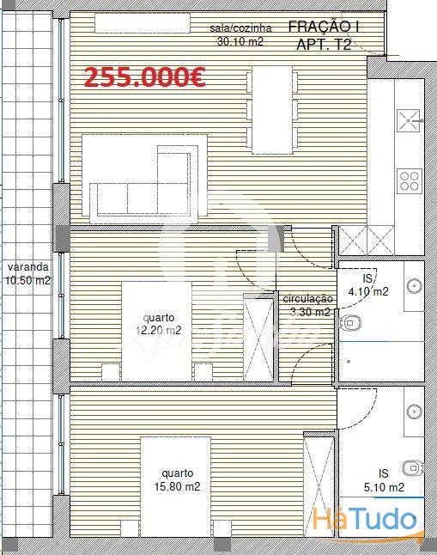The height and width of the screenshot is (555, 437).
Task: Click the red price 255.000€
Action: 145,77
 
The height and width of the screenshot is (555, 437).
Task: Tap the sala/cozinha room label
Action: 240,34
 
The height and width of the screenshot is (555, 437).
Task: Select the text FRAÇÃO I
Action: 324,27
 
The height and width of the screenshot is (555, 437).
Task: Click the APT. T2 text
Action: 324,45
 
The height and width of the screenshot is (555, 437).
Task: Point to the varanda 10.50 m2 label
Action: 28,273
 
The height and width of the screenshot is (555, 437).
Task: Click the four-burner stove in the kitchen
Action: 410,181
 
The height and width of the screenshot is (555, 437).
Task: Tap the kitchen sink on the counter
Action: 409,120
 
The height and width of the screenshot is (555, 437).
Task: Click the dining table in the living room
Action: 272,110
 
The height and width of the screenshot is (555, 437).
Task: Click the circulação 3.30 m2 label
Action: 308,306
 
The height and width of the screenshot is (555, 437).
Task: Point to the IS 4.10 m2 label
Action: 368,285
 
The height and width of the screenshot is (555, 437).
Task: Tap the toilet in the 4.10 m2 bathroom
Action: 350,323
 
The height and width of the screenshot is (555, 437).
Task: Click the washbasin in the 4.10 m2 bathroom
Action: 415,285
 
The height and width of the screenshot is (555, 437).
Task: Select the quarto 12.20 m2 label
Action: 159,324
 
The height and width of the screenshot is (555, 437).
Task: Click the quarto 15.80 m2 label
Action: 177,480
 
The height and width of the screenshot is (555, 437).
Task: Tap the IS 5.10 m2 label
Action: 384,480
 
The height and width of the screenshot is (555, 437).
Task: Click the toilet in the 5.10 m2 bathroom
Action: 413,468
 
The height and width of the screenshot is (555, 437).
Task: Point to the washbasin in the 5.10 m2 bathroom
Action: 415,412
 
